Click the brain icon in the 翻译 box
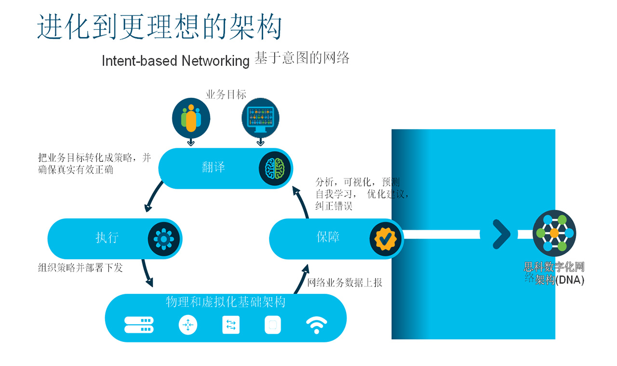(272, 168)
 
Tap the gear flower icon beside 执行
(164, 238)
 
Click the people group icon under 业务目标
(191, 118)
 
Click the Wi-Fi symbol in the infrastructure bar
(317, 325)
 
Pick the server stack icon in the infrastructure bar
(139, 325)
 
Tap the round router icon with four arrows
(188, 325)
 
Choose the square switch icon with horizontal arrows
(231, 325)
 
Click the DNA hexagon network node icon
(554, 233)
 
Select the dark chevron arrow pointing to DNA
(501, 234)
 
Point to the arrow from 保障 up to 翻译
(302, 203)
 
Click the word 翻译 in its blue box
(214, 167)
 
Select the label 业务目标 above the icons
(226, 94)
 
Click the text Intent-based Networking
(175, 61)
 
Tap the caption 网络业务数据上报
(345, 283)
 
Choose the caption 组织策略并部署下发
(80, 267)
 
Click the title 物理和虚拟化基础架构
(226, 302)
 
